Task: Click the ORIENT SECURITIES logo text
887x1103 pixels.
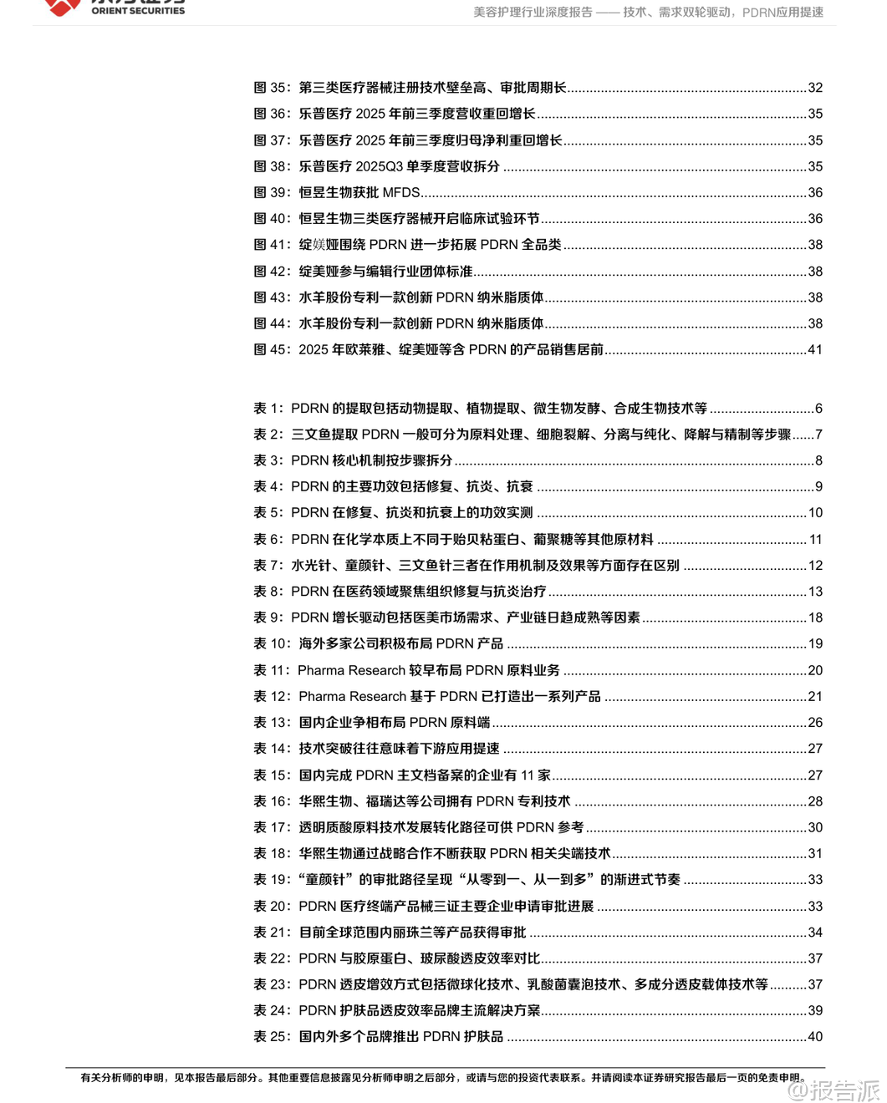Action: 138,10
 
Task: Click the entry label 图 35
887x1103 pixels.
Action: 271,88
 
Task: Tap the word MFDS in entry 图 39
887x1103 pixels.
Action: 401,192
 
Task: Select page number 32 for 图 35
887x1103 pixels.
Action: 815,88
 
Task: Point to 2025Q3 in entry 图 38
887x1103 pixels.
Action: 380,166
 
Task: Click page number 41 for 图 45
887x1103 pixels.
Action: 815,349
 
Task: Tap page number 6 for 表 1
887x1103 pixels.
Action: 818,409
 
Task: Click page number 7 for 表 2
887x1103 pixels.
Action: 818,435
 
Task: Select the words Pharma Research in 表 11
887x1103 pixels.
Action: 351,670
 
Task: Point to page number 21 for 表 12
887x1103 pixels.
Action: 815,696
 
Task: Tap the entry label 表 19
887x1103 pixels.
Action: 272,879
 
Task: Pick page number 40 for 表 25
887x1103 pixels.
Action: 815,1036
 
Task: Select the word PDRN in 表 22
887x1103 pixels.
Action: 318,958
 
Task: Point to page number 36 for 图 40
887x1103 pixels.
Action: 815,218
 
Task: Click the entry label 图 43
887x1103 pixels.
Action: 271,297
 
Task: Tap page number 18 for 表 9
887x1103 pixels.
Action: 815,618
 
